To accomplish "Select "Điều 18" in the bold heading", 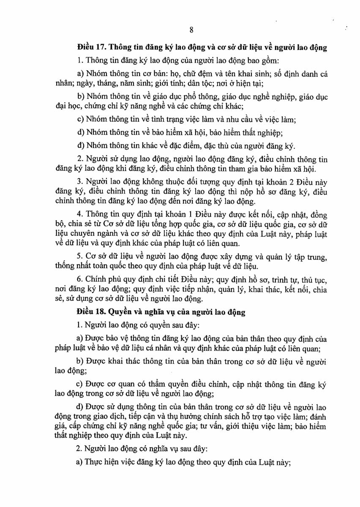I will (90, 313).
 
